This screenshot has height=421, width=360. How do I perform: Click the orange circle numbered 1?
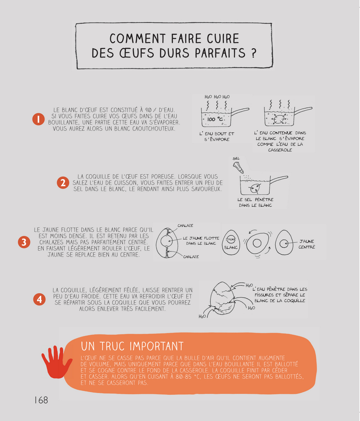tap(38, 119)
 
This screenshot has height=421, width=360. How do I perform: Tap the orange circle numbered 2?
tap(63, 182)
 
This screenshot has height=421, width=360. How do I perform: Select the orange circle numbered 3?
tap(24, 242)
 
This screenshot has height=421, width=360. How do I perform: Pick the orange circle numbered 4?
tap(39, 299)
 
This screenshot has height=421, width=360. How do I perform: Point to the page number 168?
tap(41, 400)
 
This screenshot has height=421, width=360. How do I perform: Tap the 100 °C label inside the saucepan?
tap(215, 119)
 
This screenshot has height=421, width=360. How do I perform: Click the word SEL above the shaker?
tap(236, 158)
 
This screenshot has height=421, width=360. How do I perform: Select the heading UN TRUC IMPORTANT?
tap(132, 346)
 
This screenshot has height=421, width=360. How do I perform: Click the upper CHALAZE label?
tap(185, 226)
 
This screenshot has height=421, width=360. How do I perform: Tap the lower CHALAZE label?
tap(191, 257)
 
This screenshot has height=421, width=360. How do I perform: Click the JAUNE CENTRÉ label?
tap(307, 244)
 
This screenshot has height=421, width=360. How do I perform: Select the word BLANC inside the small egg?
tap(231, 248)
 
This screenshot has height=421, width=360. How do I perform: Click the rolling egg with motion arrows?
tap(257, 243)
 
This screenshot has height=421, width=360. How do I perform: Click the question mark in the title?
tap(253, 53)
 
